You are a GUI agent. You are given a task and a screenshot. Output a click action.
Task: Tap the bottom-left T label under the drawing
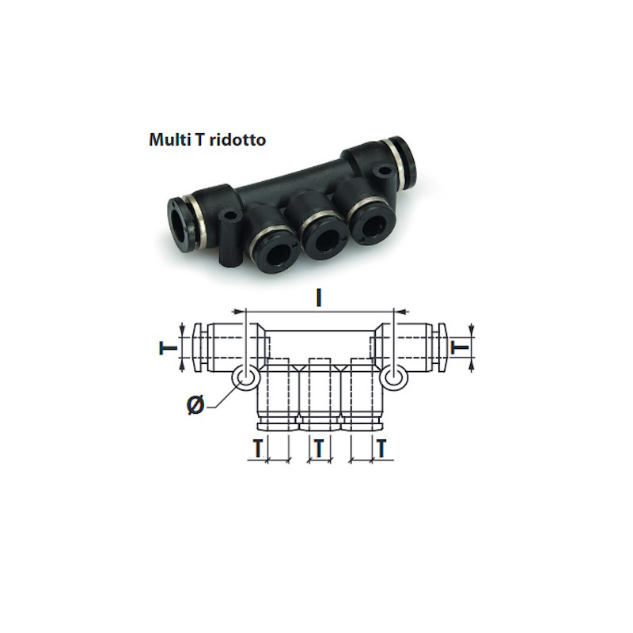[x=257, y=449]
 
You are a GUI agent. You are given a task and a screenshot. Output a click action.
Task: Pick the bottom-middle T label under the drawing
[x=319, y=449]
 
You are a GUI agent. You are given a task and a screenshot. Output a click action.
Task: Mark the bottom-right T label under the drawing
[x=381, y=449]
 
